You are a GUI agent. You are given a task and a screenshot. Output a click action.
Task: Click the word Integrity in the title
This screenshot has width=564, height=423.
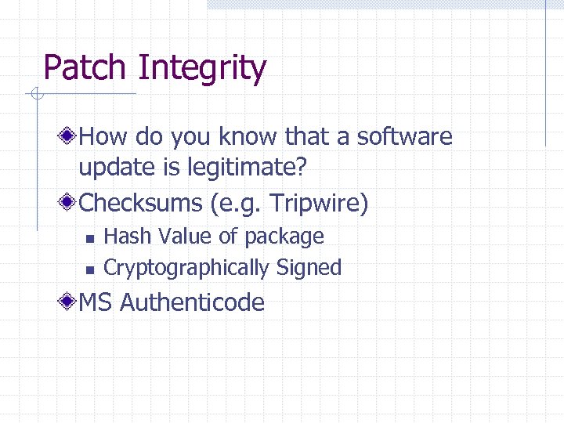click(x=201, y=69)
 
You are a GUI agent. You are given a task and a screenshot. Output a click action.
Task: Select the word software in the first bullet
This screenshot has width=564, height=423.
click(x=404, y=137)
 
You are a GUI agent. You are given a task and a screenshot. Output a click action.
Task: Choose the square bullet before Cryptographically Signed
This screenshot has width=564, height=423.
click(x=90, y=269)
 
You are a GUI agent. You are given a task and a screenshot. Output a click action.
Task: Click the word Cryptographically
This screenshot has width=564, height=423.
click(x=186, y=268)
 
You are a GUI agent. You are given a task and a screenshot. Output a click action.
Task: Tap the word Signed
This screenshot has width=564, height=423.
click(x=309, y=268)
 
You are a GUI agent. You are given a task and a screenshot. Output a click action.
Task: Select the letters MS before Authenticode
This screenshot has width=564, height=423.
click(x=96, y=302)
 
